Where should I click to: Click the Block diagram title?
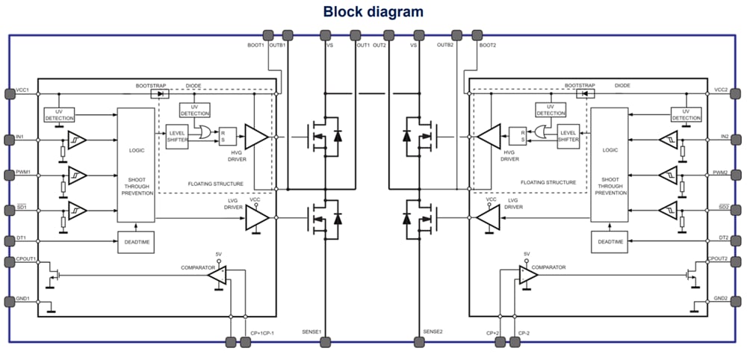pyautogui.click(x=373, y=12)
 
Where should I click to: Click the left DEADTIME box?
pyautogui.click(x=136, y=242)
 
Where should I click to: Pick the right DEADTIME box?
pyautogui.click(x=610, y=242)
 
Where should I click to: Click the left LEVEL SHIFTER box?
pyautogui.click(x=177, y=137)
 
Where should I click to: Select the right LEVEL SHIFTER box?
pyautogui.click(x=569, y=137)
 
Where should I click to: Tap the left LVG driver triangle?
pyautogui.click(x=257, y=217)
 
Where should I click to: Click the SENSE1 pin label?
pyautogui.click(x=311, y=332)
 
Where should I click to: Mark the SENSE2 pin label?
pyautogui.click(x=433, y=332)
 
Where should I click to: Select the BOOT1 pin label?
pyautogui.click(x=256, y=46)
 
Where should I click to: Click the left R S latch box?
pyautogui.click(x=227, y=137)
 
